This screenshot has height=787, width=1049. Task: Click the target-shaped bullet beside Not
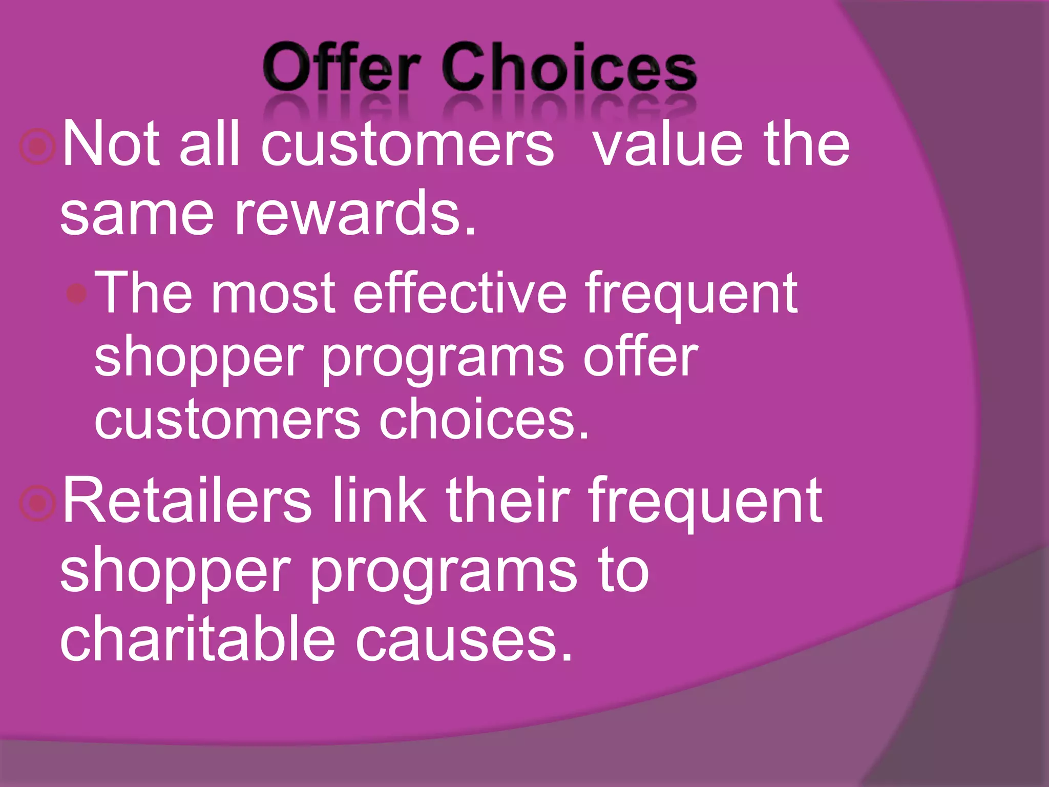tap(37, 147)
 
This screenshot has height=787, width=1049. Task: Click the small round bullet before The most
tap(77, 293)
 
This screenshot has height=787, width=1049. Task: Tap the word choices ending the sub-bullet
tap(484, 420)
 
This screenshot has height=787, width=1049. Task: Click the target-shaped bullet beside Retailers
tap(37, 503)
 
